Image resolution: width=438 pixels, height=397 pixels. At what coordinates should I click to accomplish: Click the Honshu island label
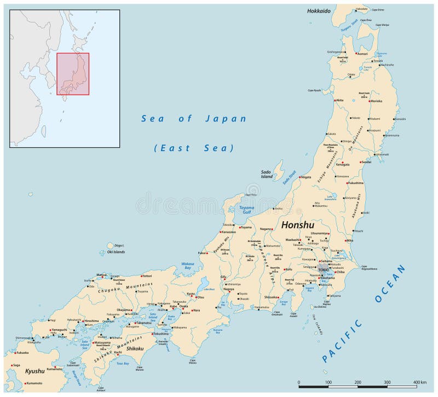click(297, 225)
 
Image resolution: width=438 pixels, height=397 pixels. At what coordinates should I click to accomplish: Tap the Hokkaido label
click(319, 10)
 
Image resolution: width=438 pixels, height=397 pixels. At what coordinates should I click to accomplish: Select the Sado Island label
click(267, 174)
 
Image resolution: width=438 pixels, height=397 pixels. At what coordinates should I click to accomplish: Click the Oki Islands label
click(116, 252)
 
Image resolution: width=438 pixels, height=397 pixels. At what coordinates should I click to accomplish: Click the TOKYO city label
click(324, 270)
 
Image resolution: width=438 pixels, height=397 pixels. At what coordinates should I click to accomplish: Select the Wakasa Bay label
click(188, 267)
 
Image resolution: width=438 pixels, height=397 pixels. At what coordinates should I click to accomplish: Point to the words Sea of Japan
click(194, 118)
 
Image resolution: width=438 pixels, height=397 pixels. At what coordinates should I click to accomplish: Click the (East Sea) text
click(194, 148)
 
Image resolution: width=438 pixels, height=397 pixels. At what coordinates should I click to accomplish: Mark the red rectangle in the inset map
click(73, 73)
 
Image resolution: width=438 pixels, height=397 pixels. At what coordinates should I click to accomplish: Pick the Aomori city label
click(362, 54)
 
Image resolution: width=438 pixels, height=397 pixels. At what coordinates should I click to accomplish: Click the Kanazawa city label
click(229, 232)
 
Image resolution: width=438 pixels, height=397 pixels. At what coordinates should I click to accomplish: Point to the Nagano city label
click(266, 229)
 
